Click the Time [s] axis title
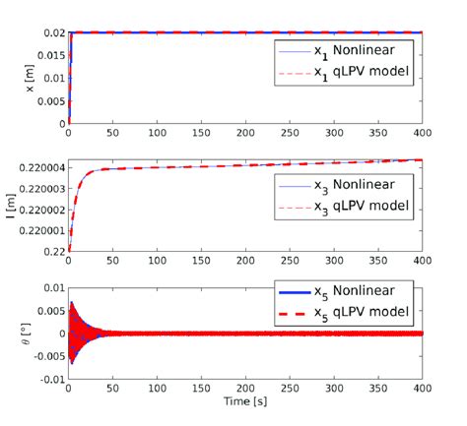tap(244, 402)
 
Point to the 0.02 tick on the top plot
tap(50, 32)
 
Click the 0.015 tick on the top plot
tap(47, 55)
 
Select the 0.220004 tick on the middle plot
tap(39, 168)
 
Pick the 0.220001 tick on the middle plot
tap(39, 231)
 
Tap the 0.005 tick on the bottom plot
tap(47, 311)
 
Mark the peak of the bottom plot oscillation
tap(71, 302)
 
